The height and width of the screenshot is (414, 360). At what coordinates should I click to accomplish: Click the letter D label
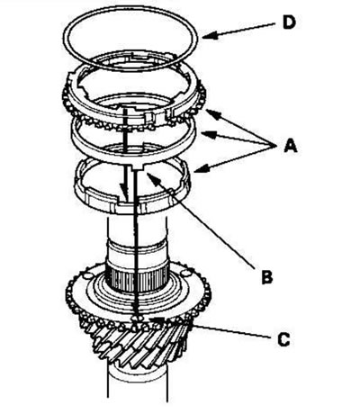[x=289, y=22]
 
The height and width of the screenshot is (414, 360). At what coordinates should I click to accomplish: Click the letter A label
[x=291, y=147]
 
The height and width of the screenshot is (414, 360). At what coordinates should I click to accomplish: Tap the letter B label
[x=267, y=277]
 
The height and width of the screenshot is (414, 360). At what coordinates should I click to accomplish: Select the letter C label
[x=283, y=339]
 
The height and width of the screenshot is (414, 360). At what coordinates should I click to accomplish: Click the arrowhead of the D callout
[x=208, y=36]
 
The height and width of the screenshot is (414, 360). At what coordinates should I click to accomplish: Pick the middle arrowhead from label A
[x=208, y=135]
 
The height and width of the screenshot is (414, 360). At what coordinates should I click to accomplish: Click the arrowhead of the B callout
[x=150, y=177]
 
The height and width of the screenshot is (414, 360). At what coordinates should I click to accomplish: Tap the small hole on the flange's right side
[x=186, y=274]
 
